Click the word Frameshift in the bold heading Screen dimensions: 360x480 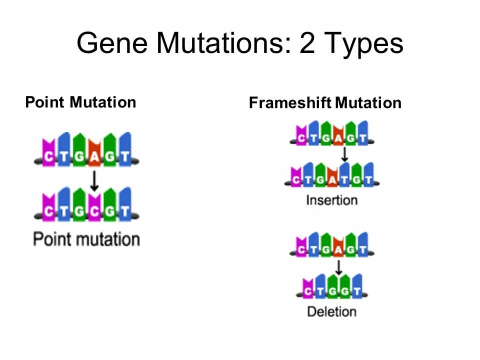(290, 103)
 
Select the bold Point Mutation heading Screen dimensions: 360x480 (80, 102)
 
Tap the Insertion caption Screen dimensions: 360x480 (331, 200)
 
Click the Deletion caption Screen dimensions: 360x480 (331, 311)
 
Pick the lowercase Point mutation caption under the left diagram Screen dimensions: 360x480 (86, 239)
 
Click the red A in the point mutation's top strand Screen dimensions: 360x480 (94, 157)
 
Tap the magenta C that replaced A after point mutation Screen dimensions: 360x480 (94, 212)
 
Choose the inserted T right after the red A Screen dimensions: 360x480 (344, 179)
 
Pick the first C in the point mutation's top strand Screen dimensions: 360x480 (48, 157)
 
